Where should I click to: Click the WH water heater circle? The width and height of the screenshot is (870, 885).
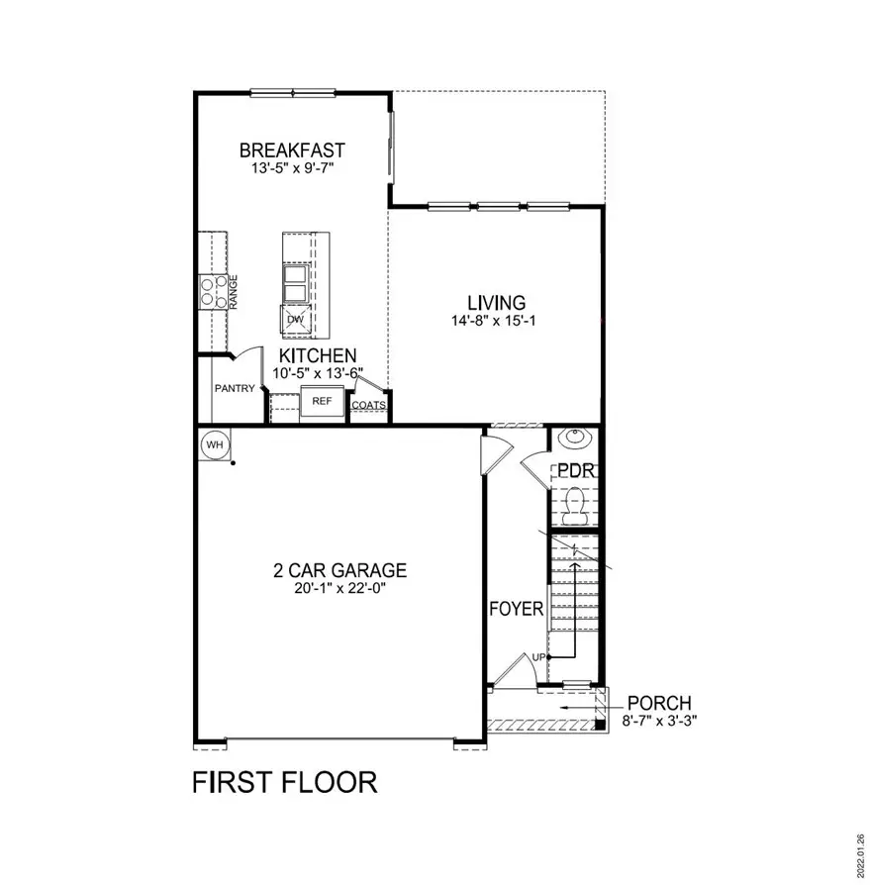[x=215, y=445]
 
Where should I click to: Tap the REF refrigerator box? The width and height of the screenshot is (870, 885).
[x=322, y=401]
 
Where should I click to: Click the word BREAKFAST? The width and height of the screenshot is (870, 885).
[x=292, y=150]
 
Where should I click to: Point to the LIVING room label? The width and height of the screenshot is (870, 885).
[x=496, y=302]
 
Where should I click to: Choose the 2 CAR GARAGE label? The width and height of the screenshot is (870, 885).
[x=339, y=570]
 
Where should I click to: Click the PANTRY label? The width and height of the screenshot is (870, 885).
[x=236, y=388]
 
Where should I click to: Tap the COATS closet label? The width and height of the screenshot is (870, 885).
[x=368, y=405]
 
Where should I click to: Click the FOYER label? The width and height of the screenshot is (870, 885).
[x=517, y=609]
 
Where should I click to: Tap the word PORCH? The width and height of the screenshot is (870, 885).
[x=659, y=703]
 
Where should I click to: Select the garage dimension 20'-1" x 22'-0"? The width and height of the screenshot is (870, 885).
[x=339, y=588]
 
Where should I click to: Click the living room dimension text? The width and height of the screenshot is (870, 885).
[x=496, y=320]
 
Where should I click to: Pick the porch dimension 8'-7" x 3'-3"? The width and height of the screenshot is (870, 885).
[x=659, y=721]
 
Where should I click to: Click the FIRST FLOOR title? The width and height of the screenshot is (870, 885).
[x=284, y=782]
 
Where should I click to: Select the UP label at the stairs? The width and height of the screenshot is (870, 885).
[x=538, y=656]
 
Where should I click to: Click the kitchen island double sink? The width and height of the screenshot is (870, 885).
[x=296, y=282]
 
